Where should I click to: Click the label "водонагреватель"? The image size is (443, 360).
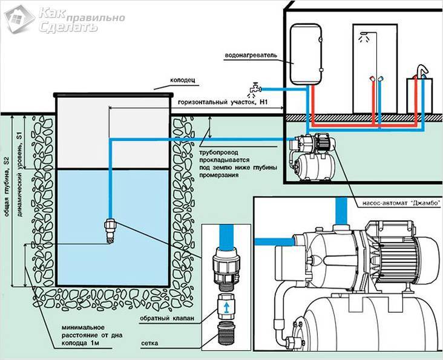point(251,55)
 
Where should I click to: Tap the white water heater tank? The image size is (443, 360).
point(307,54)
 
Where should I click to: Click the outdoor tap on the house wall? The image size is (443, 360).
point(255,89)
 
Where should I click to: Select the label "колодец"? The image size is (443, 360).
point(183,80)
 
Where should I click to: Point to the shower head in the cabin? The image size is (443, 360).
point(365,34)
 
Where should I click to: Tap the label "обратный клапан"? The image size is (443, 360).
point(167,318)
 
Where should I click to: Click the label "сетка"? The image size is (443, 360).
point(149,343)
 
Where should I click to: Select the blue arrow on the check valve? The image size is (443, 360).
point(226,308)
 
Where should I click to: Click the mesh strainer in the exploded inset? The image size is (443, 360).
point(226,335)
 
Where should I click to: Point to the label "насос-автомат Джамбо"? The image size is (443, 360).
point(401,203)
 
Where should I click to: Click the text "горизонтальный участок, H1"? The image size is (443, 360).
point(223,102)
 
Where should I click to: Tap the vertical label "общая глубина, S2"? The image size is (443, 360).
point(7,187)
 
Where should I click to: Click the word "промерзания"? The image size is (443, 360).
point(219,175)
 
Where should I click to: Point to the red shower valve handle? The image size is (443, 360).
point(372,79)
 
